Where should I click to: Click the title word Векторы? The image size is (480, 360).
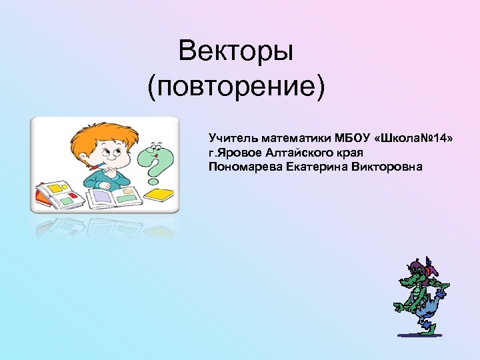pyautogui.click(x=237, y=52)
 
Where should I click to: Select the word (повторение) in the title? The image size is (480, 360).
pyautogui.click(x=237, y=87)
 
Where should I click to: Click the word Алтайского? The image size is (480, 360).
pyautogui.click(x=295, y=152)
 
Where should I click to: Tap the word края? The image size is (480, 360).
pyautogui.click(x=347, y=152)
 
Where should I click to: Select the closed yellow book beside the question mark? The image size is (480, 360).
pyautogui.click(x=159, y=194)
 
